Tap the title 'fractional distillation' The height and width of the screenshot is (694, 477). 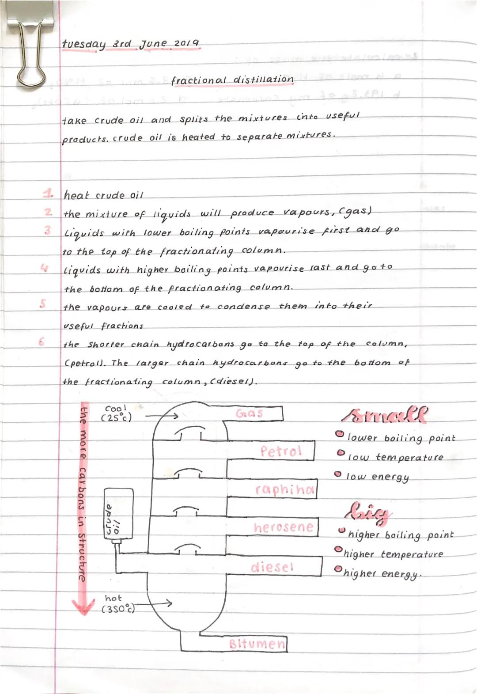[232, 80]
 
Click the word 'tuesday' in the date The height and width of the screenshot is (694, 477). [84, 44]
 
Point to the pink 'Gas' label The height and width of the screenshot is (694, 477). [250, 413]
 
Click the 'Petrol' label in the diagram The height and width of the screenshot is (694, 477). [281, 451]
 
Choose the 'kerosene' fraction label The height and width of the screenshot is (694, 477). [284, 527]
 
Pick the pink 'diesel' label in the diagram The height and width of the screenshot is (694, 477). [272, 567]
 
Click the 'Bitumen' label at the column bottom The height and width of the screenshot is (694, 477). [257, 644]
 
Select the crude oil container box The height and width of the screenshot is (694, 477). [118, 514]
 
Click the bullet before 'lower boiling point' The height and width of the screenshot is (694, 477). [339, 435]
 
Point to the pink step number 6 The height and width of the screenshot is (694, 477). [42, 342]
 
